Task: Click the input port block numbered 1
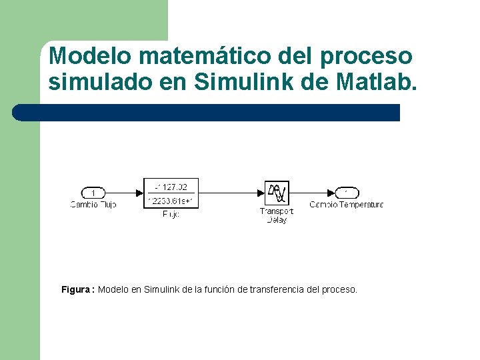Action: point(93,193)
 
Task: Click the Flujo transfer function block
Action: point(171,193)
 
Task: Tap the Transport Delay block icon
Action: point(276,193)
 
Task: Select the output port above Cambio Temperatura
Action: point(347,193)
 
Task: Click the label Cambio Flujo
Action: point(93,205)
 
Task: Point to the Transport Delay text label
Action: point(276,215)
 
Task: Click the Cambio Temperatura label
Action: point(347,205)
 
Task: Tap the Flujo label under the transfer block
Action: point(171,214)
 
